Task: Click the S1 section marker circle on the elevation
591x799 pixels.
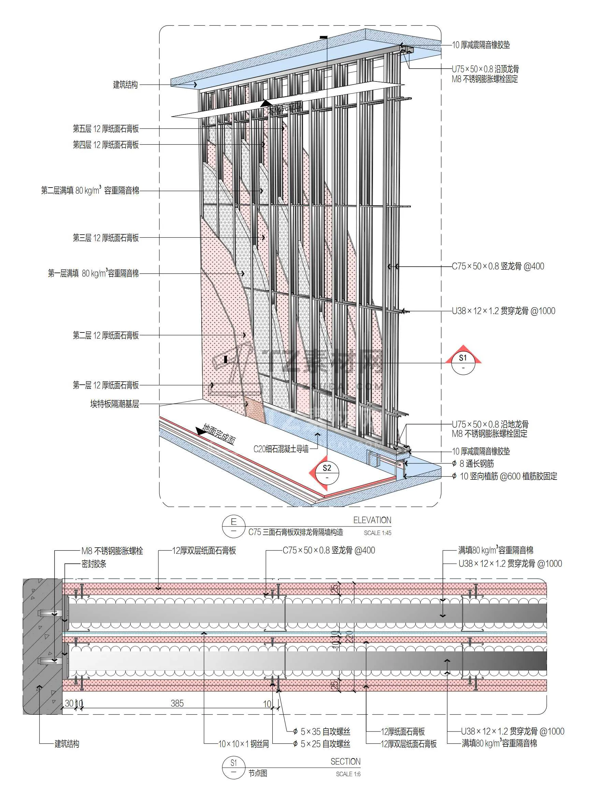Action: click(x=463, y=362)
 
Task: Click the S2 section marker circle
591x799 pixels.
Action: click(x=327, y=472)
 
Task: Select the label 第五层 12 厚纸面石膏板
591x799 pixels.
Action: click(x=106, y=129)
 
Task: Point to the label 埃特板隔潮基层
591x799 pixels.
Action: click(x=114, y=404)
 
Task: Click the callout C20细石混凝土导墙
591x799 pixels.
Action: click(x=281, y=449)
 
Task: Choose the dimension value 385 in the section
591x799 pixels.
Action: click(x=177, y=704)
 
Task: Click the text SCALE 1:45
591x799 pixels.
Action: click(x=377, y=533)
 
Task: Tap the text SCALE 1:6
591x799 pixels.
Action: click(x=348, y=774)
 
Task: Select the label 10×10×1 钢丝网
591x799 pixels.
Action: click(x=244, y=744)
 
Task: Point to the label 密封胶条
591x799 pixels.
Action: click(x=94, y=564)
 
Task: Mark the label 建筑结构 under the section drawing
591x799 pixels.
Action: click(x=67, y=744)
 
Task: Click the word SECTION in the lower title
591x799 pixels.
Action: click(x=345, y=761)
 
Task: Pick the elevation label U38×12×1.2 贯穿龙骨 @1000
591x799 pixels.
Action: click(x=503, y=311)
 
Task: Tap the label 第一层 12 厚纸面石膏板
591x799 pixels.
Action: click(x=106, y=385)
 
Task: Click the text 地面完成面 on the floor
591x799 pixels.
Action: click(x=219, y=434)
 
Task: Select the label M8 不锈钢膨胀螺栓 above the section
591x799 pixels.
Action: click(x=112, y=551)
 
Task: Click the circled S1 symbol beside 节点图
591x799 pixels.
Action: click(x=234, y=768)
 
